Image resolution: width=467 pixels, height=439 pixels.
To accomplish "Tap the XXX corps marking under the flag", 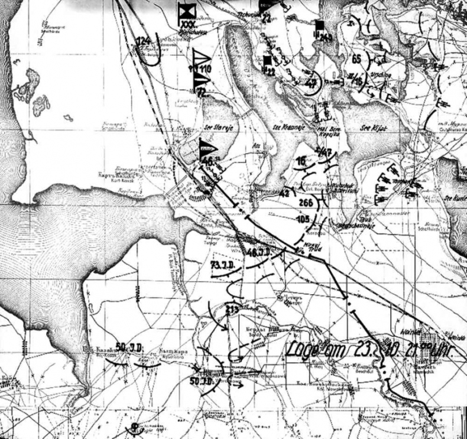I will [189, 23].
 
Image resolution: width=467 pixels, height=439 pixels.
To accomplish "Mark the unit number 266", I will [307, 203].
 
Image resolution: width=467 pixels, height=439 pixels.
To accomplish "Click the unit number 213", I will [232, 308].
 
